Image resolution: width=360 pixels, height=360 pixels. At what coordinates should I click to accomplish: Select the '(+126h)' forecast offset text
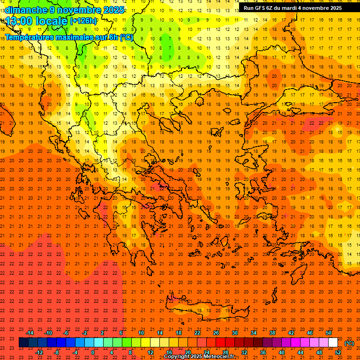[x=83, y=21]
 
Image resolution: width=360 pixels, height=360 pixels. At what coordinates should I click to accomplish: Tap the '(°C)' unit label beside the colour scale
[x=349, y=343]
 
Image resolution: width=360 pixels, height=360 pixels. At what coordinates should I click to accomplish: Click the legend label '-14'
[x=30, y=332]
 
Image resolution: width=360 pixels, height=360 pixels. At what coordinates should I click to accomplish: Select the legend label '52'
[x=338, y=352]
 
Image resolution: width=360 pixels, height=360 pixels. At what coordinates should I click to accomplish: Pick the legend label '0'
[x=93, y=352]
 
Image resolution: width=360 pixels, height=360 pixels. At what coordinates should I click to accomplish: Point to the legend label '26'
[x=216, y=332]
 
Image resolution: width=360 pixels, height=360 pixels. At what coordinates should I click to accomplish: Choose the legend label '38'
[x=272, y=332]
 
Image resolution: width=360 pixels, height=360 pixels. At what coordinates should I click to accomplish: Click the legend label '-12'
[x=39, y=352]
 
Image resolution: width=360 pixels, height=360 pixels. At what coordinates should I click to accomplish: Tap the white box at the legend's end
[x=333, y=343]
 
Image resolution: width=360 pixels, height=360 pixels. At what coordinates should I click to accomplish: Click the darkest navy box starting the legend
[x=23, y=343]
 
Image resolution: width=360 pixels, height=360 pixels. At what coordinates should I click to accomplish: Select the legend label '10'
[x=141, y=332]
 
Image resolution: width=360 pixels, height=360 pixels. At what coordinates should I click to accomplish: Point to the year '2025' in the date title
[x=114, y=9]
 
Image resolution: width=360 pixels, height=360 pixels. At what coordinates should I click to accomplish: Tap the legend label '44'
[x=300, y=352]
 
